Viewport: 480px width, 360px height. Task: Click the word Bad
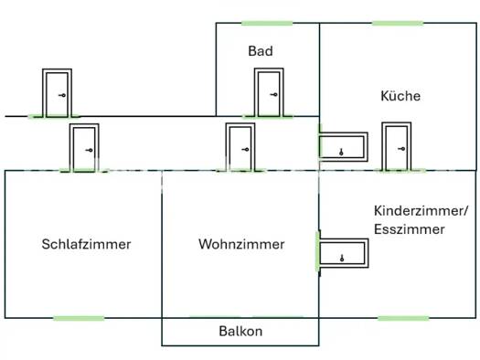click(x=261, y=51)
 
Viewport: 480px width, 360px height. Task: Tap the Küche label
click(x=400, y=96)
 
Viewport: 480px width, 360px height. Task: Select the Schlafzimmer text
click(x=86, y=244)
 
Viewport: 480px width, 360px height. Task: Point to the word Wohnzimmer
click(x=241, y=244)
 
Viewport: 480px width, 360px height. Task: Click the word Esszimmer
click(x=410, y=229)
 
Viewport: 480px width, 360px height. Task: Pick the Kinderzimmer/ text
click(x=421, y=211)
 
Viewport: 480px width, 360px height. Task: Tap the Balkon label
click(x=240, y=332)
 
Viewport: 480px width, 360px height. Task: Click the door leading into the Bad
click(x=269, y=92)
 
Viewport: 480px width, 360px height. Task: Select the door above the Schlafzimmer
click(x=84, y=148)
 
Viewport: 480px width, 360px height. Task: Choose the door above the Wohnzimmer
click(x=240, y=147)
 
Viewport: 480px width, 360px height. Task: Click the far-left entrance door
click(x=57, y=93)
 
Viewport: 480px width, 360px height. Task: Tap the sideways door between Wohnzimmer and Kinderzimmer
click(x=344, y=253)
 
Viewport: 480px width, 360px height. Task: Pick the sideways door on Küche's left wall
click(x=343, y=147)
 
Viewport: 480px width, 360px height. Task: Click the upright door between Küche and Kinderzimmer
click(x=397, y=146)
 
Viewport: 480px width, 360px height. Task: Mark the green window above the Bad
click(x=267, y=23)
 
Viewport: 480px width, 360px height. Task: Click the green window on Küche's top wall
click(x=398, y=23)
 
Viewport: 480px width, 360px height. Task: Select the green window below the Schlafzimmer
click(x=79, y=318)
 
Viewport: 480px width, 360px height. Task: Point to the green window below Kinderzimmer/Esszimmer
click(x=403, y=318)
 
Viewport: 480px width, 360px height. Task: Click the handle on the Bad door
click(x=274, y=94)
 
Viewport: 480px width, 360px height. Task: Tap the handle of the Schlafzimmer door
click(x=89, y=150)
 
